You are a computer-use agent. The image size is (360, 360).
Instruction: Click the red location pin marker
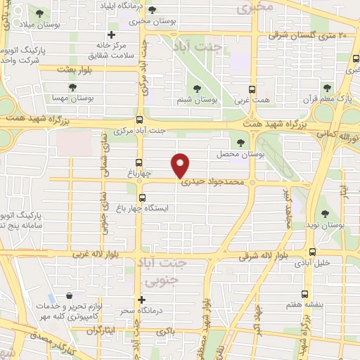(181, 165)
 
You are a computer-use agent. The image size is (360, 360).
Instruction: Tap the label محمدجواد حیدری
(212, 181)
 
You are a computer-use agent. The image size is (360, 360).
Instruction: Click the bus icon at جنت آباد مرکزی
(139, 120)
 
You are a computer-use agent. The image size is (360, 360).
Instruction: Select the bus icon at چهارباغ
(139, 160)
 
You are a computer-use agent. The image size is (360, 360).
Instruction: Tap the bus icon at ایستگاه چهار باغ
(143, 198)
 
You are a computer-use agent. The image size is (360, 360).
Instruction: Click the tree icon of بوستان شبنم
(205, 89)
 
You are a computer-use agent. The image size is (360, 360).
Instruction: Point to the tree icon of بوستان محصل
(241, 143)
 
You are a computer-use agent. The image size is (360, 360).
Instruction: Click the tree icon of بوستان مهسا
(73, 88)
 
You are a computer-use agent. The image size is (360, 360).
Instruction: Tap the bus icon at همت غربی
(252, 89)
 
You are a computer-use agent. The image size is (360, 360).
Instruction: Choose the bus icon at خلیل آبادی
(312, 251)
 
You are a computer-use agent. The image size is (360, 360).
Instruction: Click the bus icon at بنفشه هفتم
(304, 294)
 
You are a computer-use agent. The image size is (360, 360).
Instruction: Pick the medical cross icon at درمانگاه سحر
(141, 300)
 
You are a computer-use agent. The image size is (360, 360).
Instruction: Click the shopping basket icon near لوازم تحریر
(69, 297)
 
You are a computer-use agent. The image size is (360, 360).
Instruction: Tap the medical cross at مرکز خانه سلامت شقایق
(111, 35)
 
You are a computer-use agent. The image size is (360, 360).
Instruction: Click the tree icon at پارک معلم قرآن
(326, 89)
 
